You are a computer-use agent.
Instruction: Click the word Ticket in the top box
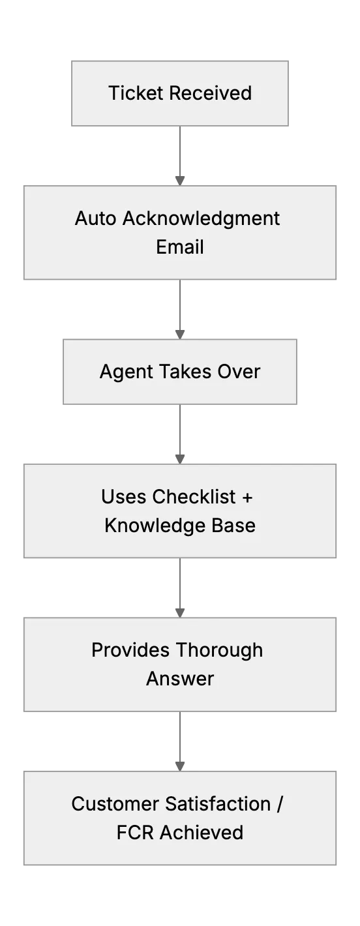tap(136, 93)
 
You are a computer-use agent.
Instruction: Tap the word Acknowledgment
tap(202, 219)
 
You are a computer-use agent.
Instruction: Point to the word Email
tap(180, 247)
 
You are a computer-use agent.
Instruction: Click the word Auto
tap(95, 218)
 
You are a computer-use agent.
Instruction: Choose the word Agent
tap(126, 372)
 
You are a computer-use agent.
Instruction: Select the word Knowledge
tap(155, 526)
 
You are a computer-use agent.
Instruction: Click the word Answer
tap(180, 679)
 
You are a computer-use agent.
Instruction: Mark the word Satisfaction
tap(218, 804)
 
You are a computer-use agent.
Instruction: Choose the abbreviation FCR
tap(135, 833)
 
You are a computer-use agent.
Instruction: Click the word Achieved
tap(202, 833)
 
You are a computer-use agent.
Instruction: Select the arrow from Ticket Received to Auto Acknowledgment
tap(180, 156)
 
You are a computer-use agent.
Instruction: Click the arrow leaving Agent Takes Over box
tap(180, 434)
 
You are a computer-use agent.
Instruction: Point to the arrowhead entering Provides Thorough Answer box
tap(180, 613)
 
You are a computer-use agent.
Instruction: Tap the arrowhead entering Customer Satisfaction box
tap(180, 766)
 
